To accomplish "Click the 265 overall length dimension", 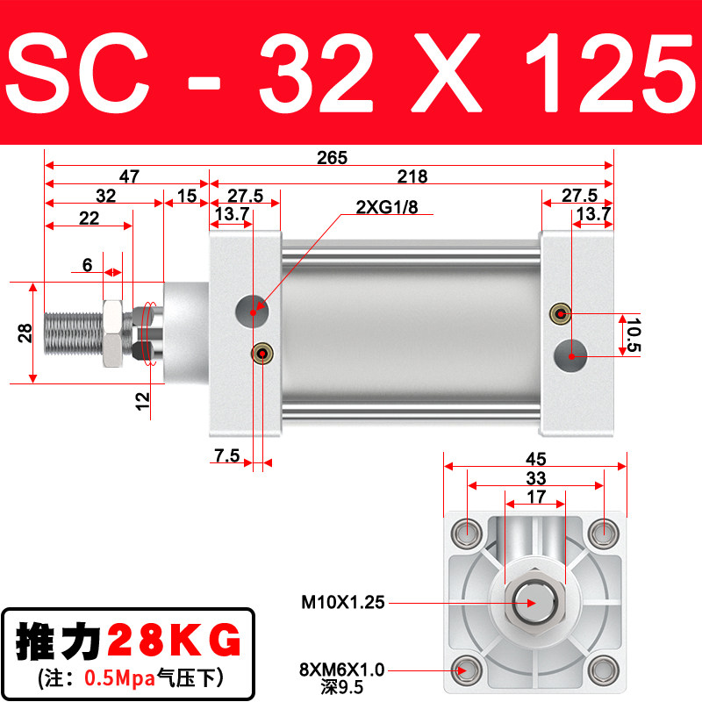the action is [332, 158].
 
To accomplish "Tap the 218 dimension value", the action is [412, 177].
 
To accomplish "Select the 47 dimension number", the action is [129, 177].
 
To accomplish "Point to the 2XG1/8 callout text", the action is [387, 207].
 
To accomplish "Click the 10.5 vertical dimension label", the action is [634, 335].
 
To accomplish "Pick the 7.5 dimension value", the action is [227, 455].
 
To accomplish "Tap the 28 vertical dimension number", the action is [25, 333].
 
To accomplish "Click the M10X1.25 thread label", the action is [343, 602].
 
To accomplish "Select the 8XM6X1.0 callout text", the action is [342, 670].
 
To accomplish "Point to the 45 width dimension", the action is [535, 459].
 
